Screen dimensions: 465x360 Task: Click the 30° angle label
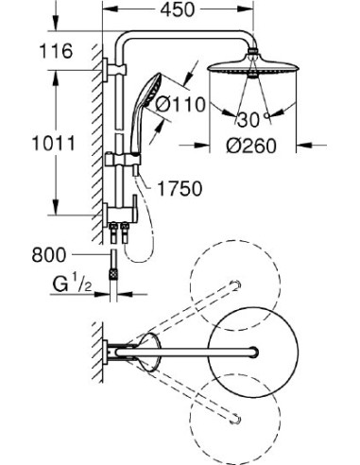coord(249,121)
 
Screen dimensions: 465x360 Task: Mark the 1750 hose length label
coord(181,189)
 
